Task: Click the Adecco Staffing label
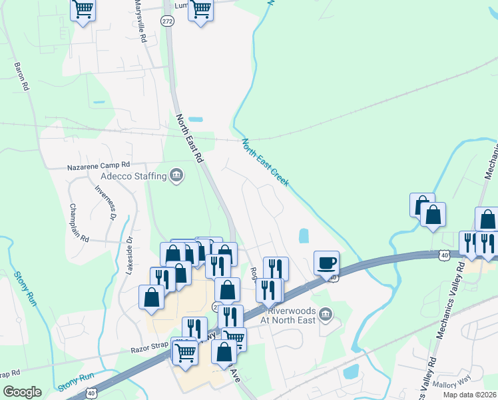click(x=133, y=176)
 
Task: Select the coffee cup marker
click(x=327, y=263)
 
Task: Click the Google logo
click(x=23, y=392)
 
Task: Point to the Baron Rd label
click(x=21, y=77)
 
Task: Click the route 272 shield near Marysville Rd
click(x=167, y=21)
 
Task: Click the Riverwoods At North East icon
click(x=326, y=313)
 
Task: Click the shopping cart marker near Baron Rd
click(x=83, y=10)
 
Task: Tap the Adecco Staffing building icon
click(x=176, y=176)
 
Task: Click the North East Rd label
click(x=190, y=138)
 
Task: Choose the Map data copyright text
click(x=469, y=395)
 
